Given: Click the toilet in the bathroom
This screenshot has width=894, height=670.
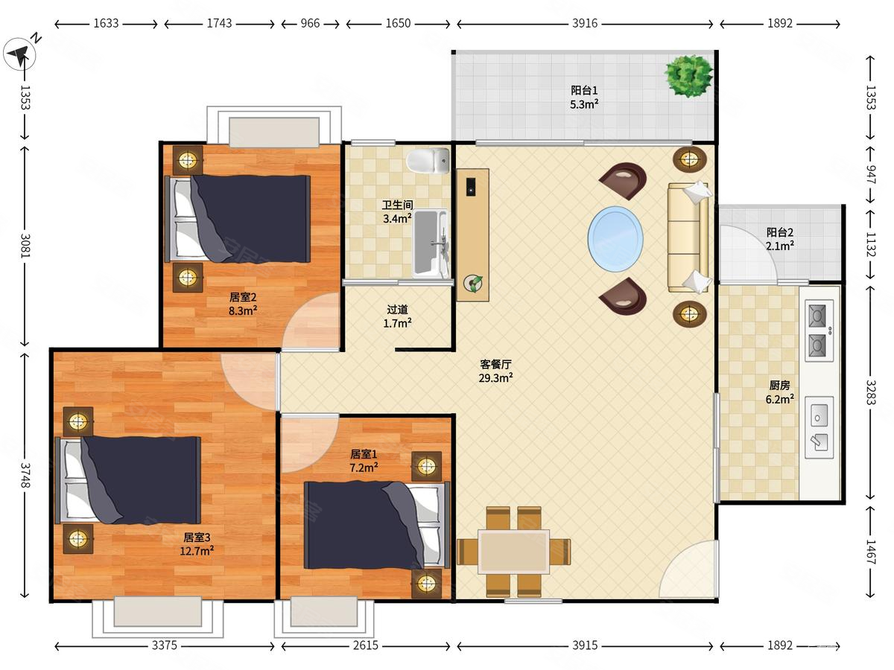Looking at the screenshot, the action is click(428, 160).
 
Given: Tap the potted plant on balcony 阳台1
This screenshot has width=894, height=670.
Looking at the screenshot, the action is click(688, 76).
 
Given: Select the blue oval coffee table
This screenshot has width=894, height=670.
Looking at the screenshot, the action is click(615, 239).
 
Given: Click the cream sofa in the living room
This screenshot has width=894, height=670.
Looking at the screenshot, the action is click(688, 237).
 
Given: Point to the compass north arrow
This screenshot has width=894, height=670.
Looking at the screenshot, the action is click(19, 54).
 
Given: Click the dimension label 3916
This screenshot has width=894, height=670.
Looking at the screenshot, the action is click(585, 23).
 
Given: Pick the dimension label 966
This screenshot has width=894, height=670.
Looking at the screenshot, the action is click(310, 23).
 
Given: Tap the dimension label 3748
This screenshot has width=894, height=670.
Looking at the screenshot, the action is click(25, 475).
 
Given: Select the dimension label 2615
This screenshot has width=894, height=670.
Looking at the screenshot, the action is click(366, 645).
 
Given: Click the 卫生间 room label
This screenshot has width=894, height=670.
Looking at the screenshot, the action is click(397, 205).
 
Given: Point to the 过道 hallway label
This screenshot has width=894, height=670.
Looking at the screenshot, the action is click(397, 310).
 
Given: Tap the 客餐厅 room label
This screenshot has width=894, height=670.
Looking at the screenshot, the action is click(495, 364).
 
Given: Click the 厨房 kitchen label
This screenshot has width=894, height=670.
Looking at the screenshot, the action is click(779, 385).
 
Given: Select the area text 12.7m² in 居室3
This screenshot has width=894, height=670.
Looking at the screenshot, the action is click(197, 551).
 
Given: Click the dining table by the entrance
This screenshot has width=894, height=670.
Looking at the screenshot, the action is click(513, 552).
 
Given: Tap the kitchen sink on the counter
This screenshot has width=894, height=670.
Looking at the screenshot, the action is click(819, 427).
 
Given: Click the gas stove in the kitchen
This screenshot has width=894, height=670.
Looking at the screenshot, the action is click(819, 331).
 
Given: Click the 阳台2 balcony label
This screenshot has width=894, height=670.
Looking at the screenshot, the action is click(779, 232).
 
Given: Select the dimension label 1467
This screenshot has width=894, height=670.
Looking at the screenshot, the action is click(870, 552).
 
